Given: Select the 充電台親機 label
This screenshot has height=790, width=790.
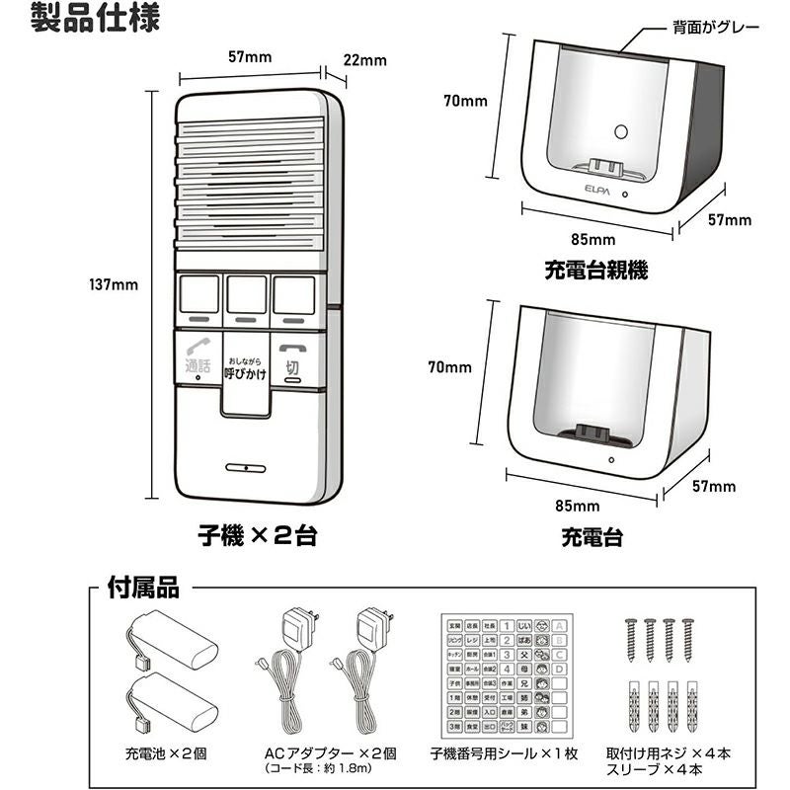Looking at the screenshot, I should tap(583, 269).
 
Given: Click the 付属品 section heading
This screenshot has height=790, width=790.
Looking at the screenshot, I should tap(142, 589).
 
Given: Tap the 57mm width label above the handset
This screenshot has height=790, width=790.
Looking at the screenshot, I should tap(249, 56).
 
